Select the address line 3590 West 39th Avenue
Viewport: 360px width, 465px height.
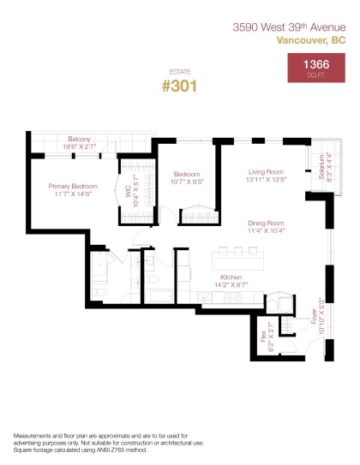coord(289,27)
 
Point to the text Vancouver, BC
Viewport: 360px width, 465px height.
coord(311,39)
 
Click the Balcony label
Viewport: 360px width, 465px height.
coord(80,139)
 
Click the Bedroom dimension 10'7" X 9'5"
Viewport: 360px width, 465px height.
coord(186,181)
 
